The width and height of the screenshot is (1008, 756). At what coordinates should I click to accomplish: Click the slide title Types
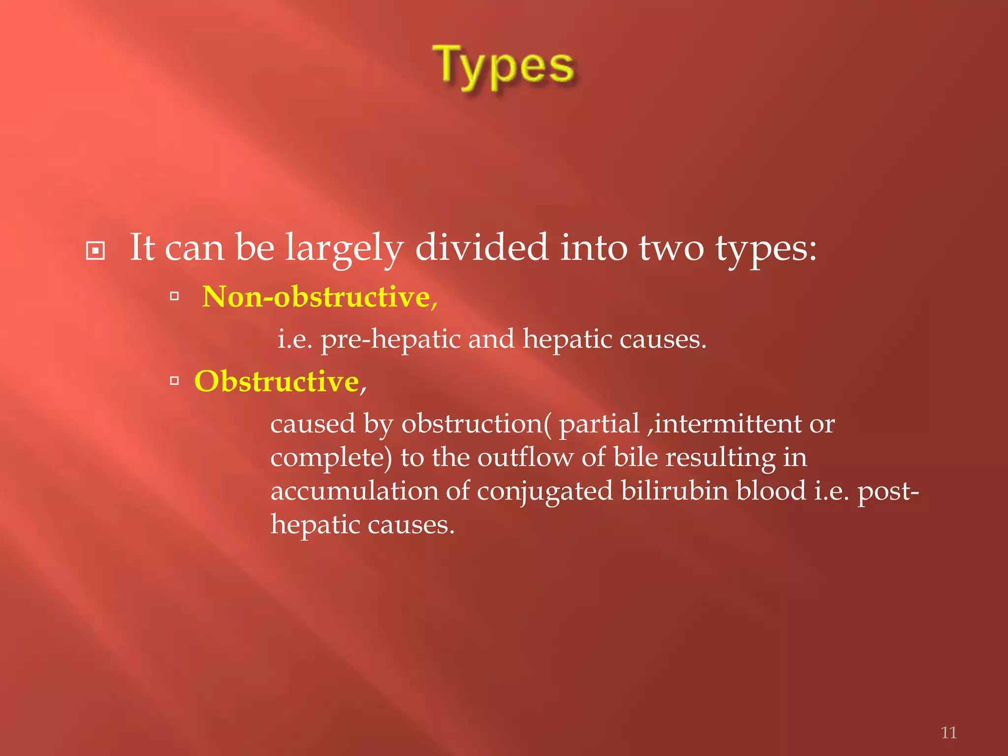pyautogui.click(x=503, y=66)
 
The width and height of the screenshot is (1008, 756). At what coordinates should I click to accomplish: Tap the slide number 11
pyautogui.click(x=948, y=732)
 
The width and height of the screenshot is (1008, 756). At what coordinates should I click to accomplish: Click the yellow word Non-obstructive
pyautogui.click(x=317, y=297)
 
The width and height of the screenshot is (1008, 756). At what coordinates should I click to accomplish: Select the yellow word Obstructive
pyautogui.click(x=277, y=381)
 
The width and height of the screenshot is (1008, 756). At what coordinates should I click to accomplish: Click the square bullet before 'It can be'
pyautogui.click(x=95, y=251)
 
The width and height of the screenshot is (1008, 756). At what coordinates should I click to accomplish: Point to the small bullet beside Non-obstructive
pyautogui.click(x=174, y=296)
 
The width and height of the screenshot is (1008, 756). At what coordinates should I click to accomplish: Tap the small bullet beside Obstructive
pyautogui.click(x=174, y=380)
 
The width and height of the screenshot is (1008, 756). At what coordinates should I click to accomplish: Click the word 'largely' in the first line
pyautogui.click(x=345, y=248)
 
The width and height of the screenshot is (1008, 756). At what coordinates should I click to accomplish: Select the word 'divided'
pyautogui.click(x=481, y=247)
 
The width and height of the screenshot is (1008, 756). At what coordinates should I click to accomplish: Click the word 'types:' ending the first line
pyautogui.click(x=766, y=248)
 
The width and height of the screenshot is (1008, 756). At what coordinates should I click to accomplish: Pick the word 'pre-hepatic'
pyautogui.click(x=390, y=340)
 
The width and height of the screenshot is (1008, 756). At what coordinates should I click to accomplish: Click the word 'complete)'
pyautogui.click(x=331, y=458)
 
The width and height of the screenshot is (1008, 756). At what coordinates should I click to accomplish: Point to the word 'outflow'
pyautogui.click(x=525, y=457)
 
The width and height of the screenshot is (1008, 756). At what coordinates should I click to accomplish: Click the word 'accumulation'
pyautogui.click(x=354, y=491)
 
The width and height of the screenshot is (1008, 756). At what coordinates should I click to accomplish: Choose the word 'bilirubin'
pyautogui.click(x=674, y=491)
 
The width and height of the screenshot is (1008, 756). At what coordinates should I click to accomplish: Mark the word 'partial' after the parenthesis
pyautogui.click(x=599, y=424)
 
